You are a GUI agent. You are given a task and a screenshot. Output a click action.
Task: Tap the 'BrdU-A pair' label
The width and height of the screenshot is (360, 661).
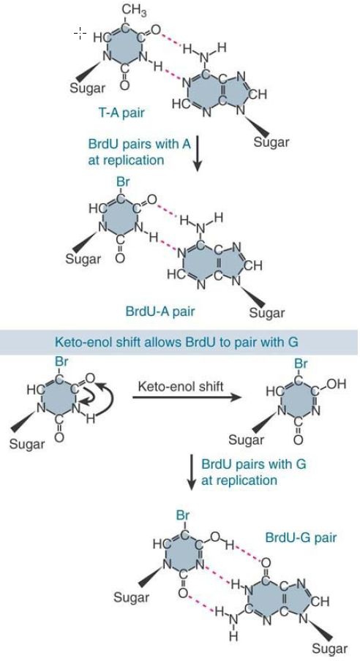point(160,311)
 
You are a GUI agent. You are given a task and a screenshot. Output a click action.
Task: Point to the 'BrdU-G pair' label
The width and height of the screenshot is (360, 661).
point(301,537)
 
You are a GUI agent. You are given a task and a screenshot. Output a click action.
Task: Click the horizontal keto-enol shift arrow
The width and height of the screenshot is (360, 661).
point(187,397)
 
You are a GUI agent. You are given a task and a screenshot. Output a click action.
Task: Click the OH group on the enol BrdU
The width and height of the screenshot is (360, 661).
point(337,384)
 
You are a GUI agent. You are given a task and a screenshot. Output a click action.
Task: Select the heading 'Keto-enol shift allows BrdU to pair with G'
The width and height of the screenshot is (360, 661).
point(176,341)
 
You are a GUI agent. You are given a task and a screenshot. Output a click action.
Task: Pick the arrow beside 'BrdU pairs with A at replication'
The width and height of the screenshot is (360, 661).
point(197,153)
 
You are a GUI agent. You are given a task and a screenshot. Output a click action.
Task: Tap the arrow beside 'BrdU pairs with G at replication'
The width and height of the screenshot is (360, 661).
point(192,472)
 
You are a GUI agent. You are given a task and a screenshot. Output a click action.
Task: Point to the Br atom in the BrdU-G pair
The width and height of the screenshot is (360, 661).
point(183,515)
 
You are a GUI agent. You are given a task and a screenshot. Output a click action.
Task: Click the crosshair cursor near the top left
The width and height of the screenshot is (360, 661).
point(80,32)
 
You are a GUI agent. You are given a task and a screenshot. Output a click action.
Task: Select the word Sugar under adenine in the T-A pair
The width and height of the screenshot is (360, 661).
point(271,142)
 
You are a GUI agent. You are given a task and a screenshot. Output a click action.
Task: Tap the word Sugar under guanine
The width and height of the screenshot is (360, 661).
point(329,649)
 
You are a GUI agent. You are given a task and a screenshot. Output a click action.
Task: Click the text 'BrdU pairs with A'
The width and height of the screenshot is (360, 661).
point(139,144)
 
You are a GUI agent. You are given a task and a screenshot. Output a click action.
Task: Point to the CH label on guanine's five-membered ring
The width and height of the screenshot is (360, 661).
point(320,601)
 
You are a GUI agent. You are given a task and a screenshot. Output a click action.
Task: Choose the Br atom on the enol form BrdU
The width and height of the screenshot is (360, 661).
point(300,363)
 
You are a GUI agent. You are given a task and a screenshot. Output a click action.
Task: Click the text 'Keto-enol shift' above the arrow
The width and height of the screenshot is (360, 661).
point(181,386)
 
